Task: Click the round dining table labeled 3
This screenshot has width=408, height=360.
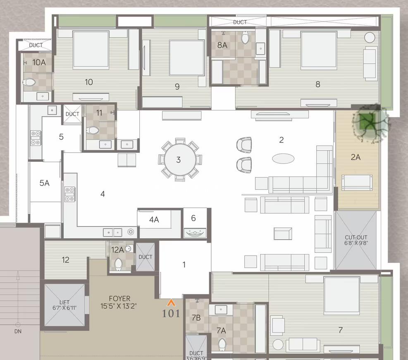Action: (180, 160)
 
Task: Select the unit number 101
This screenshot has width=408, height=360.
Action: (171, 313)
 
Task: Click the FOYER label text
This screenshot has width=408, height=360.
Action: (120, 298)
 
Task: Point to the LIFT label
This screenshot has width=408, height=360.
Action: (64, 302)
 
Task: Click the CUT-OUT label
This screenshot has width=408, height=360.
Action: (356, 237)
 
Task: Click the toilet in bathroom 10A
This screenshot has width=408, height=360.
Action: (29, 83)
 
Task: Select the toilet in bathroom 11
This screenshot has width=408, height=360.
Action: (93, 130)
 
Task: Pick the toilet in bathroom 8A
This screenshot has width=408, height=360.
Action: (246, 38)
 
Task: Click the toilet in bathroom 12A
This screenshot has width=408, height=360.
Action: (118, 264)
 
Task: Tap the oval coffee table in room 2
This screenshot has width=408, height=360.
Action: (283, 158)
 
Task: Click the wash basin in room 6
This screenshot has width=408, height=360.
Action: (195, 233)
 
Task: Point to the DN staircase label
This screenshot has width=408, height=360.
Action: (18, 331)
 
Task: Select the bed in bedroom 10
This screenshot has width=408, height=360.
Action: (91, 50)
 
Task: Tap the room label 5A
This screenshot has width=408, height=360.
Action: (45, 183)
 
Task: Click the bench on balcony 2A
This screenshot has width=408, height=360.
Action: (357, 183)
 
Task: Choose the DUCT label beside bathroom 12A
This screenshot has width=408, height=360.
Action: (146, 257)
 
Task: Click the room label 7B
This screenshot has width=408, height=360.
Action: (196, 318)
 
